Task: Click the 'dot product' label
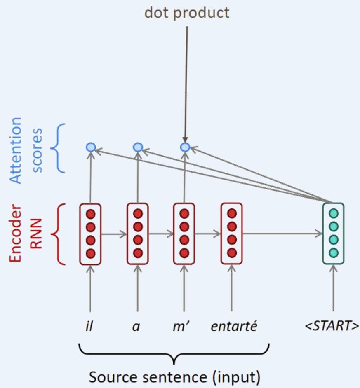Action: (x=186, y=13)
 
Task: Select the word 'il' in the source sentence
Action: (x=89, y=327)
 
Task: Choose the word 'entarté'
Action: (x=233, y=327)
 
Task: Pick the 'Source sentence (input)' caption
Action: (x=175, y=377)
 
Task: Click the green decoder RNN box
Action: (x=333, y=234)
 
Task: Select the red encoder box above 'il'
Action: (x=90, y=234)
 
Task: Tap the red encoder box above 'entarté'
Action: (x=232, y=234)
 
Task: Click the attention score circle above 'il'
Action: (x=90, y=147)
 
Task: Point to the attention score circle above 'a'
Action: (x=138, y=147)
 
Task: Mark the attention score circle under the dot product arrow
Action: (x=185, y=147)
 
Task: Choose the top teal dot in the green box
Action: (x=333, y=214)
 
